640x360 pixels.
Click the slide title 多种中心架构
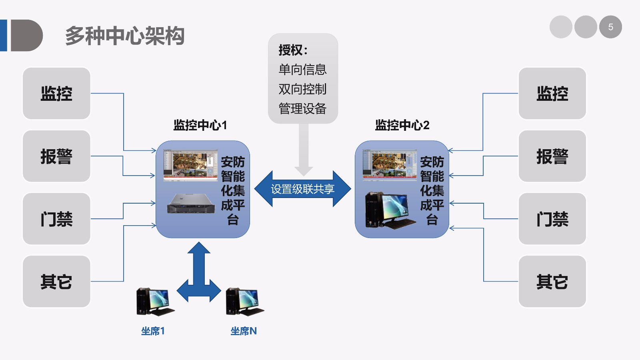click(124, 36)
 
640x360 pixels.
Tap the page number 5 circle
click(610, 27)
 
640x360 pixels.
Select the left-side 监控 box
click(56, 93)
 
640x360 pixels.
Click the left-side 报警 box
click(56, 156)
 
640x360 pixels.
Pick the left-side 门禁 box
click(56, 219)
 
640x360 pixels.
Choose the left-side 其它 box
click(56, 282)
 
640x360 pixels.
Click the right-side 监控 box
click(552, 93)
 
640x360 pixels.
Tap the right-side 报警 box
click(552, 156)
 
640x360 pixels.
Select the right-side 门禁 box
click(552, 219)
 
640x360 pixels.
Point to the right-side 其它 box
click(552, 282)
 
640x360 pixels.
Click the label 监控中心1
click(200, 125)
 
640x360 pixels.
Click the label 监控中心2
click(402, 125)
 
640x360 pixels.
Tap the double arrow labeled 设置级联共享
click(302, 189)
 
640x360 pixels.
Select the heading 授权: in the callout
click(293, 50)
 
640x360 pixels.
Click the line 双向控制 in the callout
click(302, 89)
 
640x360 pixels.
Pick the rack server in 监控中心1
click(191, 203)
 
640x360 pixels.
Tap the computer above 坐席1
click(155, 302)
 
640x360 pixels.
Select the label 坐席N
click(243, 331)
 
